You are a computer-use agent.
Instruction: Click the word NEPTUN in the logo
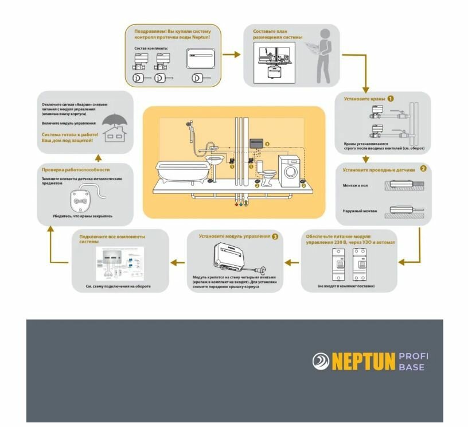click(x=363, y=361)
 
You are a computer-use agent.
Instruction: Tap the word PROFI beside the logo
click(x=413, y=356)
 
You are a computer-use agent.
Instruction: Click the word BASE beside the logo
click(x=411, y=367)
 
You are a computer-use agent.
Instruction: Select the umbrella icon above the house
click(x=115, y=118)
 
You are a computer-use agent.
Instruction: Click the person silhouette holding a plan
click(x=323, y=55)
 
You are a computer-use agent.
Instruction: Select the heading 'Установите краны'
click(x=364, y=99)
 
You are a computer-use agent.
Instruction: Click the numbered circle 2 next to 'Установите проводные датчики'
click(x=423, y=169)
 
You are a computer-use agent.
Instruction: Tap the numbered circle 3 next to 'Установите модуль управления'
click(x=275, y=236)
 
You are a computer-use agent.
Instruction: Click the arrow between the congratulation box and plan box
click(x=231, y=55)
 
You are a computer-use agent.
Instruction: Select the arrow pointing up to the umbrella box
click(x=98, y=158)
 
